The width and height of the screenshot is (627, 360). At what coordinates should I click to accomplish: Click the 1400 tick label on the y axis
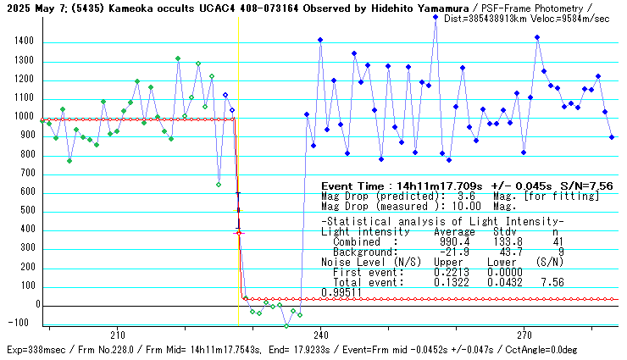23,41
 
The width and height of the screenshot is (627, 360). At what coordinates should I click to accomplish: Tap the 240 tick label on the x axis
320,335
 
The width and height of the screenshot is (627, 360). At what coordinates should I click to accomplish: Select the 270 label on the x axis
524,335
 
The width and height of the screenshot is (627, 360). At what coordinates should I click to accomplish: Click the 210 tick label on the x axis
118,335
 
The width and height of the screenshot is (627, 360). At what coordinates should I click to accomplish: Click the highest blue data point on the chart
436,16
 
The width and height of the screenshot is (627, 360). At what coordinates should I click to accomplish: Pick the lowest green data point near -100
286,325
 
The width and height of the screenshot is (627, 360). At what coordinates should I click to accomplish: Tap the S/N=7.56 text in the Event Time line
589,186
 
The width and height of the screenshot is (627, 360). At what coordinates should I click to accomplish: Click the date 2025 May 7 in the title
31,7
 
